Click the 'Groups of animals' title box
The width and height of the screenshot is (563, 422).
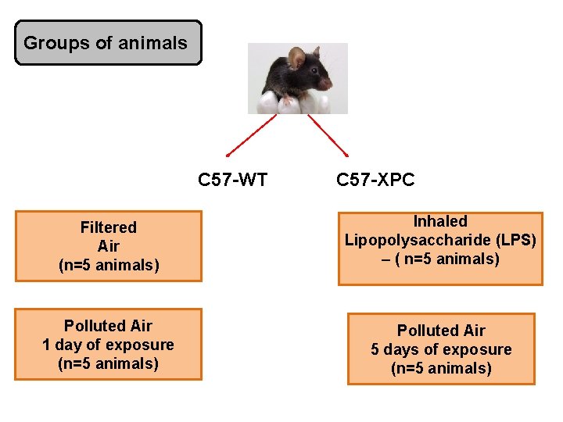(x=108, y=43)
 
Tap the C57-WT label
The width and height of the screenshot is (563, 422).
(x=232, y=181)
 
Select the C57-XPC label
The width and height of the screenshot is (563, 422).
(x=375, y=181)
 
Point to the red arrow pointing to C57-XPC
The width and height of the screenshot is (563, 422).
(x=328, y=136)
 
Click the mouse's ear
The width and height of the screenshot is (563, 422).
(x=296, y=57)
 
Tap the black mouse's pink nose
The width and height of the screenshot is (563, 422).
(x=328, y=82)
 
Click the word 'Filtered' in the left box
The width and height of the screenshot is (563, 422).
(x=108, y=227)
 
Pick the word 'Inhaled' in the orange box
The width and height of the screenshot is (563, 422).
(x=440, y=221)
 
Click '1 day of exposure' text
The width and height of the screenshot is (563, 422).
(x=108, y=345)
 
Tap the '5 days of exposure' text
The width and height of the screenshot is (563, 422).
(x=441, y=349)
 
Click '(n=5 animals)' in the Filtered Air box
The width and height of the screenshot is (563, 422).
(x=108, y=266)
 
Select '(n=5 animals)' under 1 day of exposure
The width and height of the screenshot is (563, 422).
(x=108, y=363)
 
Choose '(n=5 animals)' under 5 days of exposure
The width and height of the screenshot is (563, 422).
(x=441, y=368)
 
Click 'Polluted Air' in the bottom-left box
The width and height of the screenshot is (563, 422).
(x=108, y=326)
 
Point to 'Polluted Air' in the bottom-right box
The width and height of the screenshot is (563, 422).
(x=441, y=331)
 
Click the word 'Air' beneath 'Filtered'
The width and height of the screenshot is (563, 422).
(x=108, y=246)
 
